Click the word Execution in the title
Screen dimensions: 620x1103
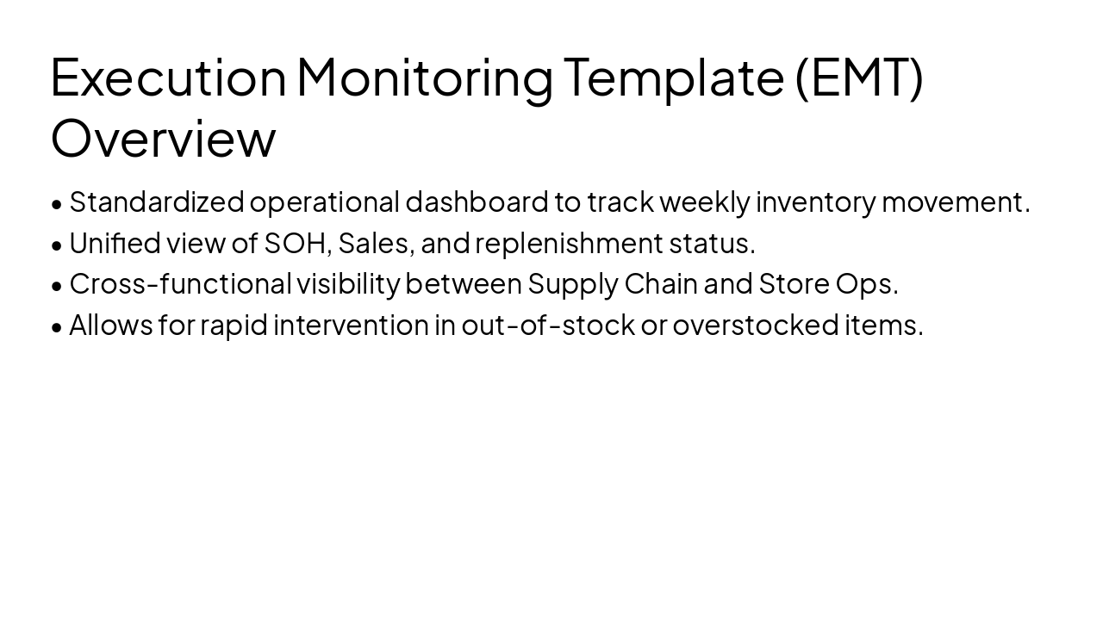pyautogui.click(x=168, y=77)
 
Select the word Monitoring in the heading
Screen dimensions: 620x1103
pyautogui.click(x=425, y=77)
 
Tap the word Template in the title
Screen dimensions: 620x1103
pyautogui.click(x=674, y=77)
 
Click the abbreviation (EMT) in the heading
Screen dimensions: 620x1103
pyautogui.click(x=858, y=77)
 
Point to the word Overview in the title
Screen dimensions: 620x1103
pyautogui.click(x=163, y=139)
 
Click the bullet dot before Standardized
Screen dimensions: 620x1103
pyautogui.click(x=57, y=204)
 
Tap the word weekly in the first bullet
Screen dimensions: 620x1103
pyautogui.click(x=704, y=201)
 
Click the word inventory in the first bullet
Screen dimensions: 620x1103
pyautogui.click(x=815, y=201)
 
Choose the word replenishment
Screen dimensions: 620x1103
pyautogui.click(x=569, y=243)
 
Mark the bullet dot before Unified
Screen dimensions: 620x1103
pyautogui.click(x=57, y=245)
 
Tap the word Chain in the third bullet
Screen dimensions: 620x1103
pyautogui.click(x=660, y=283)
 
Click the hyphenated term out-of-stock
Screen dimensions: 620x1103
pyautogui.click(x=547, y=325)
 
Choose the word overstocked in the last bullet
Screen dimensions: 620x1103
pyautogui.click(x=755, y=325)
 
